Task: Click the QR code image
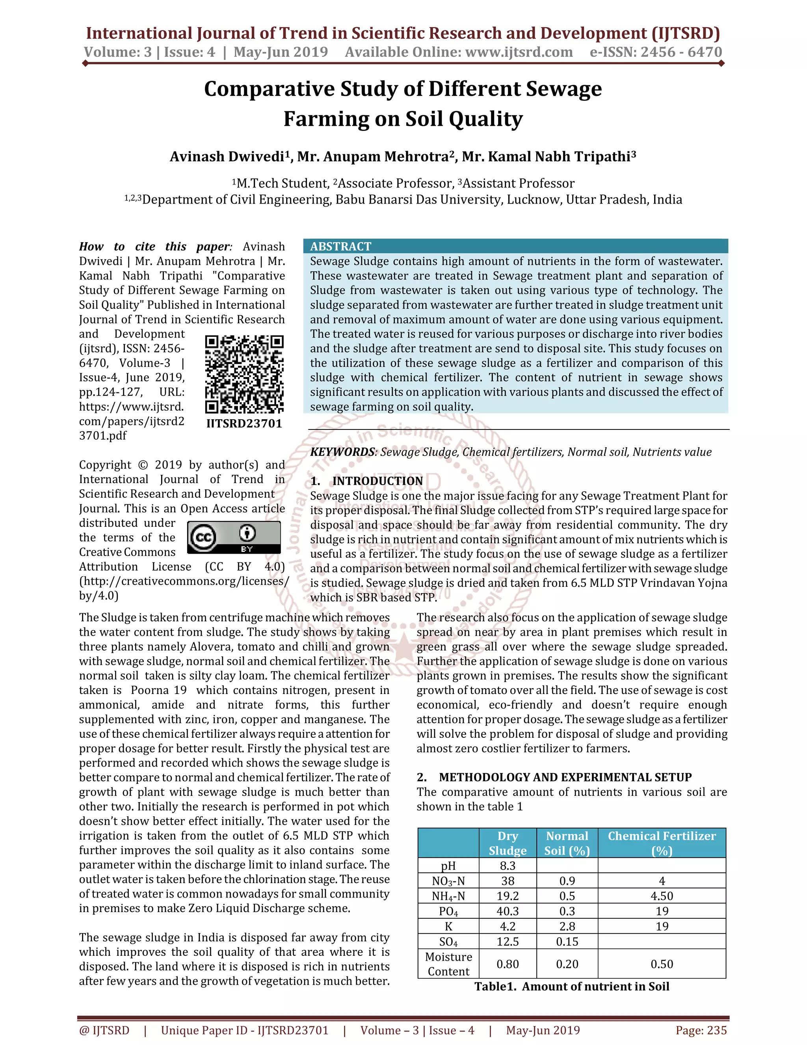pos(244,374)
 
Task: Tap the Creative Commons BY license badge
pos(234,537)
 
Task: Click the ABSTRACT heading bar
pos(515,246)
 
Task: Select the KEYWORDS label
pos(343,452)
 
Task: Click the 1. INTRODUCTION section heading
pos(367,480)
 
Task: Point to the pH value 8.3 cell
pos(507,865)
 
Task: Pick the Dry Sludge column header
pos(507,843)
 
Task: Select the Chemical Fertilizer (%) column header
pos(661,843)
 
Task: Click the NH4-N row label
pos(448,896)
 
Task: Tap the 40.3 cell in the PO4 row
pos(507,911)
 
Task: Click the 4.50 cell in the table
pos(661,896)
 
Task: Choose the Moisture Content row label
pos(448,964)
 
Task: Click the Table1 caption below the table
pos(571,986)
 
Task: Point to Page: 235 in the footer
pos(700,1030)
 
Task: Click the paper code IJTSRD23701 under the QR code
pos(244,423)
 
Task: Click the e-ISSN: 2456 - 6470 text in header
pos(655,52)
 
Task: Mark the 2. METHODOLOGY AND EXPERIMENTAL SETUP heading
pos(554,777)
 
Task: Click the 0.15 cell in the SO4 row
pos(567,941)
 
